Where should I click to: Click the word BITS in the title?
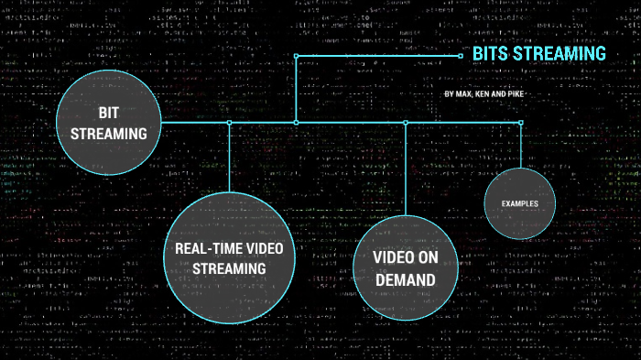click(x=489, y=54)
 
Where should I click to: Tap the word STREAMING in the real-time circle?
click(x=229, y=268)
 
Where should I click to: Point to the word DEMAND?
click(x=404, y=279)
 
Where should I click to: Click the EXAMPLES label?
click(x=519, y=202)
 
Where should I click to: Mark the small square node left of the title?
click(x=461, y=55)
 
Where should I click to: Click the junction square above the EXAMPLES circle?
click(x=520, y=122)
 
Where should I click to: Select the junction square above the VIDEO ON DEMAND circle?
click(x=405, y=122)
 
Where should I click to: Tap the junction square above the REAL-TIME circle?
click(x=229, y=122)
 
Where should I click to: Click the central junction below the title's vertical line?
click(x=295, y=122)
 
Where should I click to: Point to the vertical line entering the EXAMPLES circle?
click(x=520, y=147)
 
